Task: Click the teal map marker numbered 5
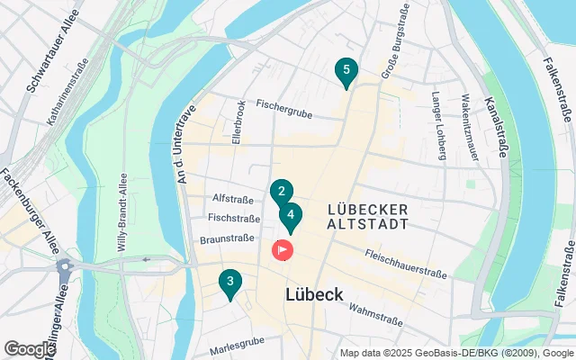tap(346, 71)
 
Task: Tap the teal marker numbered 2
tap(281, 191)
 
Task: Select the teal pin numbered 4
tap(290, 215)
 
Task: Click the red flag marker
tap(283, 248)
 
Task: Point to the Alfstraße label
tap(231, 199)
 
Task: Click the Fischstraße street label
tap(233, 218)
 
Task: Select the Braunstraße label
tap(229, 239)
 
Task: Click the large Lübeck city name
tap(314, 294)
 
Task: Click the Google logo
tap(30, 349)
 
